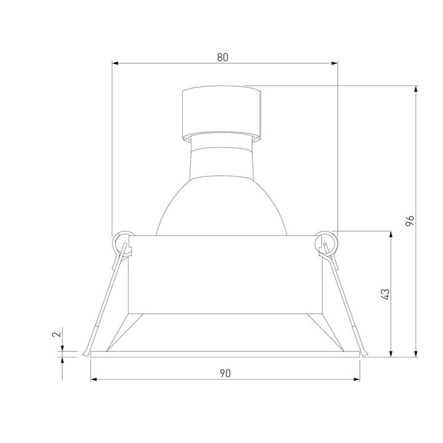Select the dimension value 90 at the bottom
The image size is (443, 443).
pos(225,373)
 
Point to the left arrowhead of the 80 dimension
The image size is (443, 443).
pos(114,63)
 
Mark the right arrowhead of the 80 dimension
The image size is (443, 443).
pos(335,63)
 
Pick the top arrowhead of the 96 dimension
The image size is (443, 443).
pos(417,89)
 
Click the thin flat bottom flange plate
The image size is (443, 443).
pos(225,354)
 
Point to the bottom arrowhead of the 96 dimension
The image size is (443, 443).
pos(417,353)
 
